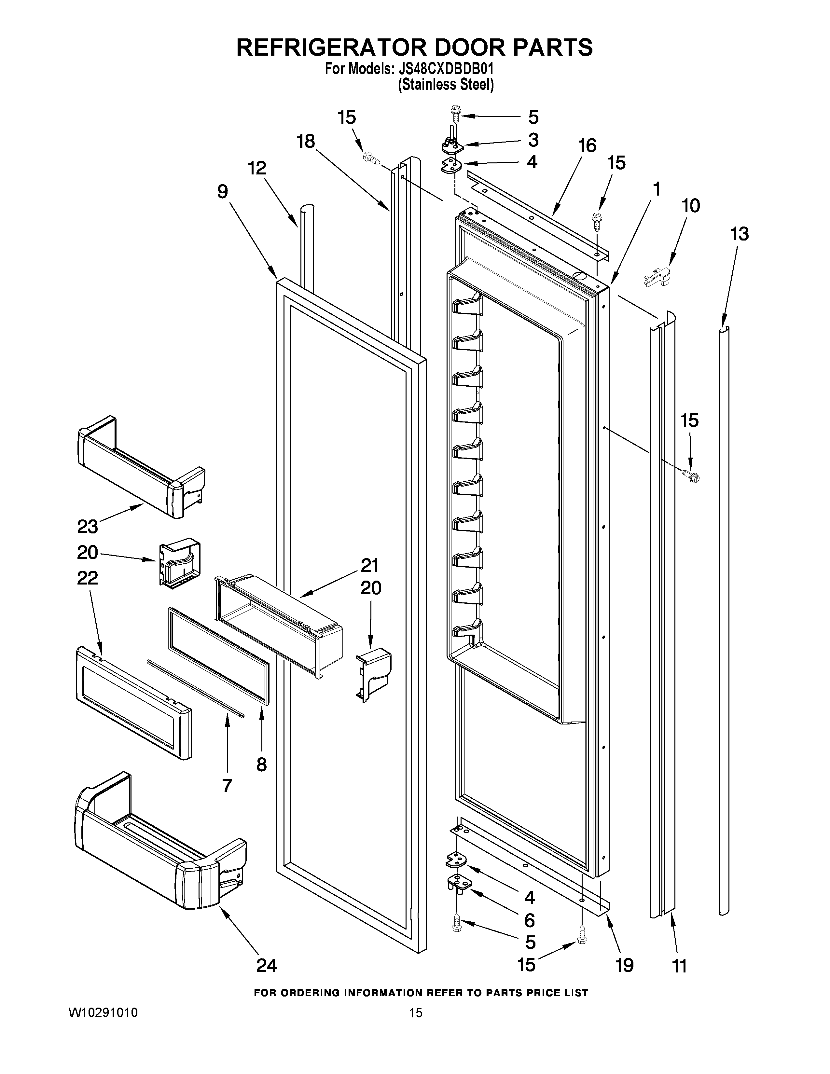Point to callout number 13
click(x=739, y=234)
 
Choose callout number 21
click(x=369, y=566)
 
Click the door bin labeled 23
click(x=140, y=467)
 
